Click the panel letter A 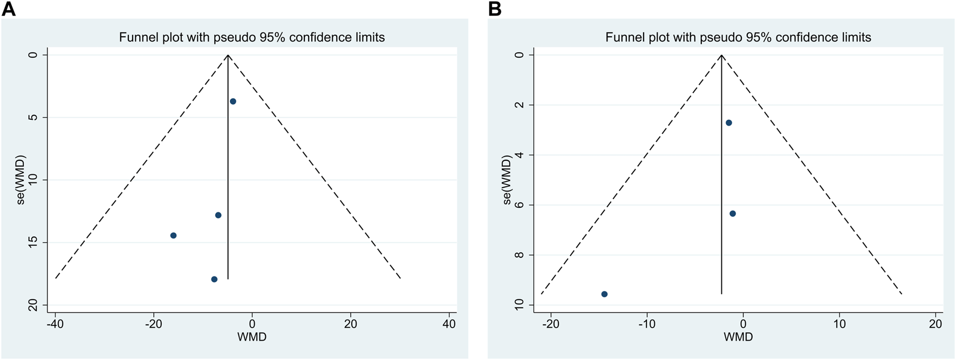pyautogui.click(x=9, y=9)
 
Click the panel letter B pyautogui.click(x=495, y=9)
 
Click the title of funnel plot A pyautogui.click(x=252, y=37)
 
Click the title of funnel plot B pyautogui.click(x=738, y=37)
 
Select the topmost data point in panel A pyautogui.click(x=233, y=101)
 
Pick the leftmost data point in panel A pyautogui.click(x=173, y=235)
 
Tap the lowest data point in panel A pyautogui.click(x=214, y=279)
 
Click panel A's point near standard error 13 pyautogui.click(x=218, y=215)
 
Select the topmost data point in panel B pyautogui.click(x=729, y=123)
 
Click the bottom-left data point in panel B pyautogui.click(x=604, y=294)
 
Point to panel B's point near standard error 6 pyautogui.click(x=733, y=214)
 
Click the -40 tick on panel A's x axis pyautogui.click(x=54, y=324)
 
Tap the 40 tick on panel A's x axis pyautogui.click(x=449, y=324)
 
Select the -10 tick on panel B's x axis pyautogui.click(x=646, y=324)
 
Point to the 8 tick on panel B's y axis pyautogui.click(x=520, y=255)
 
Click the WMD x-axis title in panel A pyautogui.click(x=252, y=337)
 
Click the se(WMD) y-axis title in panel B pyautogui.click(x=507, y=180)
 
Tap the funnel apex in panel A pyautogui.click(x=228, y=55)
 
